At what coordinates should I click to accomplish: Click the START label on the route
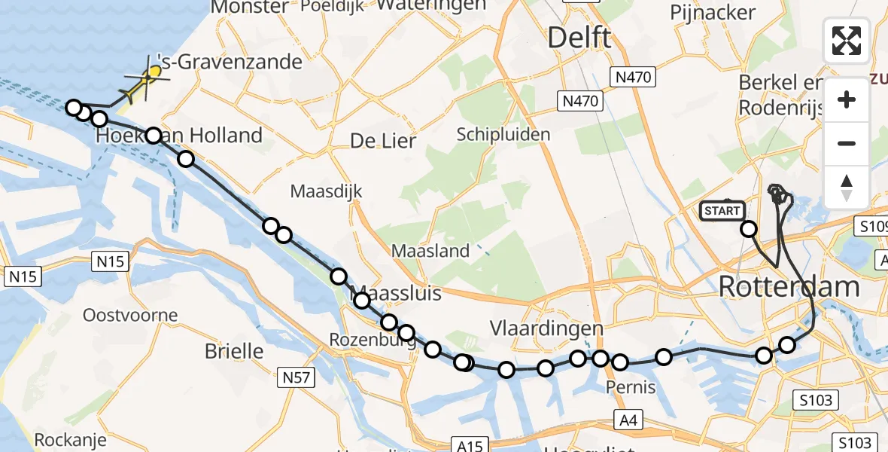pyautogui.click(x=722, y=211)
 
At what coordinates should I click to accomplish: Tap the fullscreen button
pyautogui.click(x=847, y=41)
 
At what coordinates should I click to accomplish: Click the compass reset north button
pyautogui.click(x=847, y=188)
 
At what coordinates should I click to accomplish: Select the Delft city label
pyautogui.click(x=579, y=37)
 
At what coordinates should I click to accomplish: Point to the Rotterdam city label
pyautogui.click(x=789, y=286)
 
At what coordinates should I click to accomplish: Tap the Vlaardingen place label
pyautogui.click(x=546, y=328)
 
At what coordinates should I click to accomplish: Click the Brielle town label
pyautogui.click(x=234, y=351)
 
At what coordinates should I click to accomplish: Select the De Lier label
pyautogui.click(x=383, y=140)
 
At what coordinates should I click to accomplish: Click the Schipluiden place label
pyautogui.click(x=503, y=134)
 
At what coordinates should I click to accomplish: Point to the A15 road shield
pyautogui.click(x=471, y=445)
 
